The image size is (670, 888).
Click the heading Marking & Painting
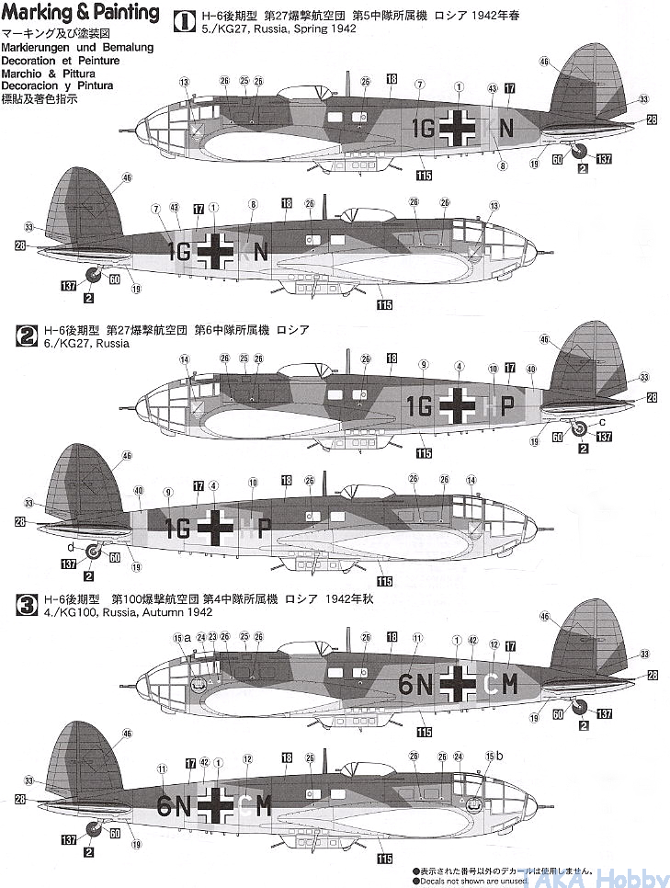pyautogui.click(x=80, y=13)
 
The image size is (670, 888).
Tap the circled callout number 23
pyautogui.click(x=213, y=636)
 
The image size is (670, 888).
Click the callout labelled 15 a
pyautogui.click(x=181, y=636)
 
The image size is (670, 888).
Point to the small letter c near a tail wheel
pyautogui.click(x=600, y=422)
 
